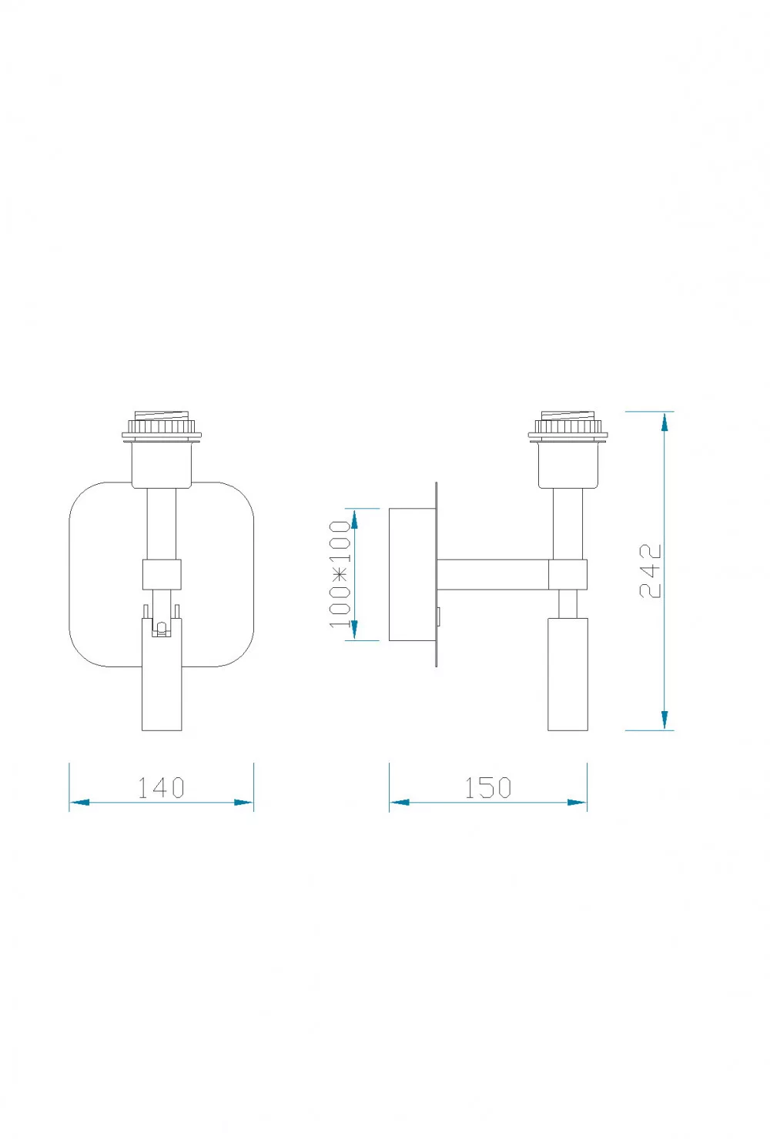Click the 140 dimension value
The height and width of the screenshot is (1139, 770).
click(161, 787)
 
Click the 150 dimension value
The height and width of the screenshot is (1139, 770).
click(487, 787)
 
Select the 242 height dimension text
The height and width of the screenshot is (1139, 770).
click(650, 570)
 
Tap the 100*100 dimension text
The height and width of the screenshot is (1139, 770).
click(340, 574)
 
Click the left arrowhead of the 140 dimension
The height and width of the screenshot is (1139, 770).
click(79, 803)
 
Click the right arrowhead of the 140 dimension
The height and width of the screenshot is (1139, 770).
click(243, 803)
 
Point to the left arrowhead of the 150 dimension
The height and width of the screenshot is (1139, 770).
click(399, 803)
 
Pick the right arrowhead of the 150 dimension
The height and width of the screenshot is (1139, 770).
click(577, 803)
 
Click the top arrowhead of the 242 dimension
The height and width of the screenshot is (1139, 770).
click(665, 422)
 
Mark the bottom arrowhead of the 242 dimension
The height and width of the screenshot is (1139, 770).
click(665, 720)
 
